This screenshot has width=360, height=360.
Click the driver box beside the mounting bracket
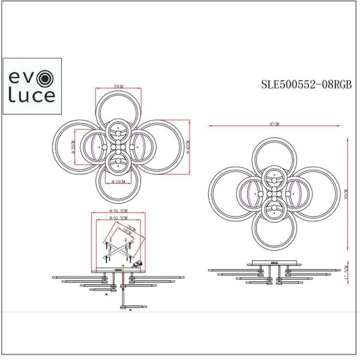click(138, 264)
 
